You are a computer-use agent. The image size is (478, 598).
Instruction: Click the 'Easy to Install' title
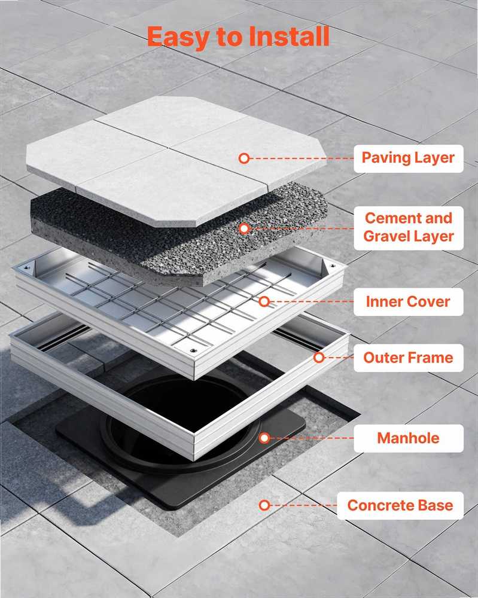click(x=238, y=37)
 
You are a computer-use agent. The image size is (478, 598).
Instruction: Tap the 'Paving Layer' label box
click(x=408, y=158)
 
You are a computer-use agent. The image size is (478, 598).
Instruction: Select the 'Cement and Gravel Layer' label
click(x=408, y=228)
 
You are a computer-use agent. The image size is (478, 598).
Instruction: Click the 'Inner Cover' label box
click(x=408, y=302)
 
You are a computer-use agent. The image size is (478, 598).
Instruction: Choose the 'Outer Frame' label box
click(x=408, y=358)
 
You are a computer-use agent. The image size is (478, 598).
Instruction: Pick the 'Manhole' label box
click(x=408, y=438)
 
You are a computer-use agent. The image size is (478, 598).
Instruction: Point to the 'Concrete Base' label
click(x=400, y=505)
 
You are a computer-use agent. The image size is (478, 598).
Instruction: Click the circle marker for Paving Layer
click(x=244, y=158)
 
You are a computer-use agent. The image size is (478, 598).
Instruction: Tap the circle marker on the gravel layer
click(x=245, y=228)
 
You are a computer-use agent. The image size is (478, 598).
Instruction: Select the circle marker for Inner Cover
click(x=264, y=301)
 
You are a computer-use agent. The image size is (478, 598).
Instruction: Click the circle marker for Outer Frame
click(x=319, y=358)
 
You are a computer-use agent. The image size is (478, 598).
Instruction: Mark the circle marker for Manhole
click(x=264, y=438)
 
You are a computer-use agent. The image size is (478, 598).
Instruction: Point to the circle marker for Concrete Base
click(x=264, y=505)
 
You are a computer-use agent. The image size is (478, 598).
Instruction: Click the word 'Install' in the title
click(x=289, y=36)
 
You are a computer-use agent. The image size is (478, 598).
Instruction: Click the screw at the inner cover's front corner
click(x=194, y=350)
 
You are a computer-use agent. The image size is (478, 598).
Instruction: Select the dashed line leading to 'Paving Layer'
click(x=302, y=158)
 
